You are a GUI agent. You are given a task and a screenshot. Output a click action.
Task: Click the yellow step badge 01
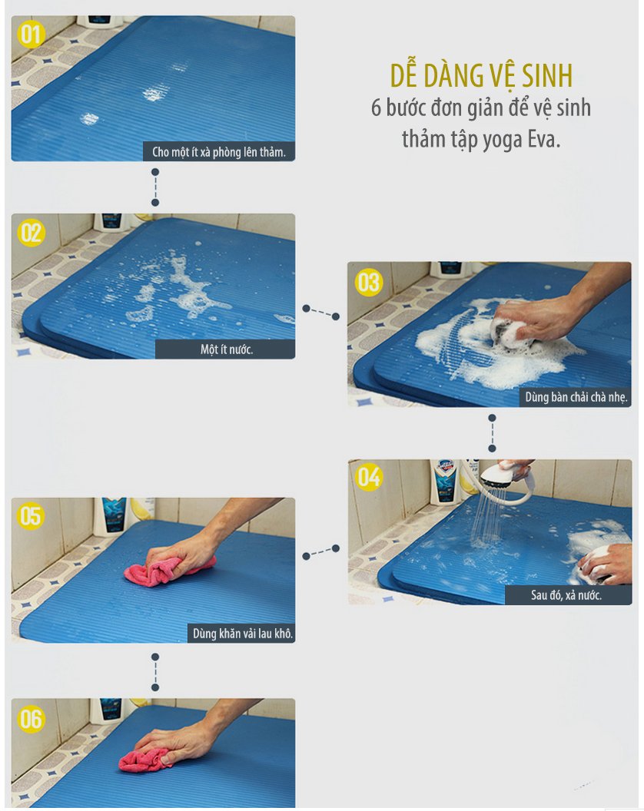(32, 35)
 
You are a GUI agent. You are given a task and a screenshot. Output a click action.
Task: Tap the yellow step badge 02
(32, 233)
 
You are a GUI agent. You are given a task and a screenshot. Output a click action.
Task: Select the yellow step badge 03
(368, 282)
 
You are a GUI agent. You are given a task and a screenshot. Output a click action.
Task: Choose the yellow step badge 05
(32, 515)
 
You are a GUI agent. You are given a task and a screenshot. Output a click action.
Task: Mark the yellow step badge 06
(32, 719)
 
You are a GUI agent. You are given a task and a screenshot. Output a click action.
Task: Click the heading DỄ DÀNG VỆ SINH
(481, 77)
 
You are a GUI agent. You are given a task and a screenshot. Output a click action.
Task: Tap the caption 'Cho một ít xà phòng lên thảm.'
(218, 152)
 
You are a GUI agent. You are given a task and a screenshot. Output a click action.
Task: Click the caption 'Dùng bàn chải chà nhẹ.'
(576, 398)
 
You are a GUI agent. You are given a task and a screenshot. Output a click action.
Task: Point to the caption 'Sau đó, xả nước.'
(566, 595)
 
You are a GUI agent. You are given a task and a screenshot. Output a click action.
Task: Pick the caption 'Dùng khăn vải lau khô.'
(241, 634)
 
